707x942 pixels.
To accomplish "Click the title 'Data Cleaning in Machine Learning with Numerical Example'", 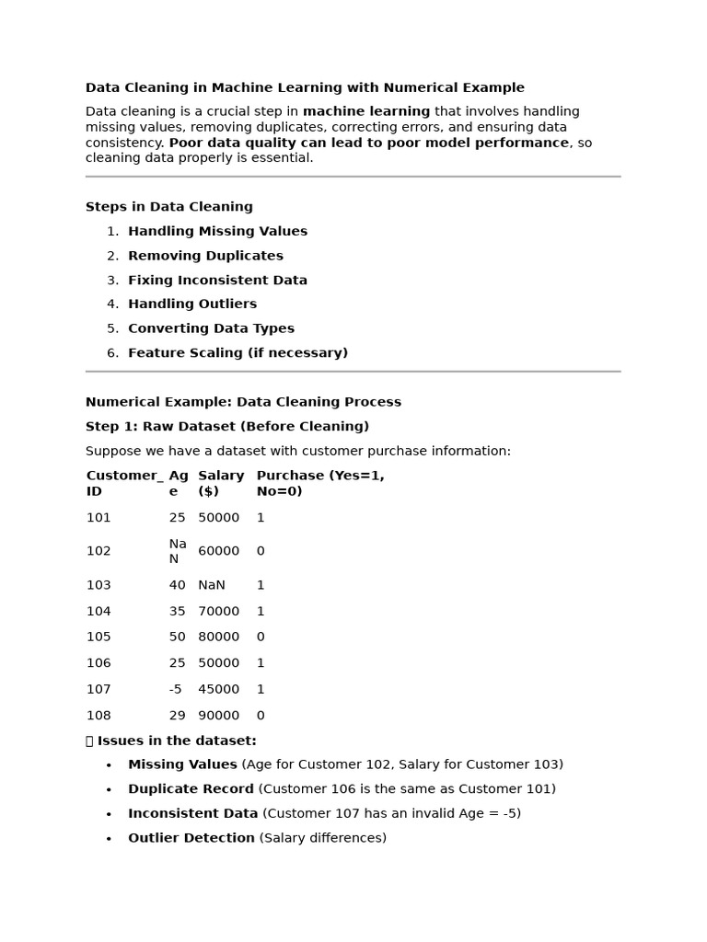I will click(305, 88).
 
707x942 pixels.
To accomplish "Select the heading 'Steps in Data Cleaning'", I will click(169, 207).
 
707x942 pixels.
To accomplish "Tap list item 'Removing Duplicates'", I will click(205, 256).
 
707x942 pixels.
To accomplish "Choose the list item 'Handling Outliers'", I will click(192, 304).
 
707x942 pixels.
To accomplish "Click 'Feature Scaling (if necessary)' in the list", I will click(238, 353).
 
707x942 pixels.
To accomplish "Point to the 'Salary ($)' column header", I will click(221, 483).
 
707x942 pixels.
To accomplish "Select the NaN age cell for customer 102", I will click(178, 551).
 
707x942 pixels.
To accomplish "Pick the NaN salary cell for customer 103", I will click(212, 585).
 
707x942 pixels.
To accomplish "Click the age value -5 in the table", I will click(176, 689).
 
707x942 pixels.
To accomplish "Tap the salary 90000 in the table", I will click(219, 716).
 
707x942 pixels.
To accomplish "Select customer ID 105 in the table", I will click(99, 637).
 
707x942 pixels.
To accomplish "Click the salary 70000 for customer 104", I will click(219, 611).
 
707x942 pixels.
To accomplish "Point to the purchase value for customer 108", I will click(261, 716).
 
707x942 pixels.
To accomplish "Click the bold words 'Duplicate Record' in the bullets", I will click(191, 789).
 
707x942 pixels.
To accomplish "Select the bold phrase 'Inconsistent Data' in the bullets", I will click(192, 814).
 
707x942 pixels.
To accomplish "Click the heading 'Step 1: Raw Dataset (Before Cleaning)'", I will click(227, 427).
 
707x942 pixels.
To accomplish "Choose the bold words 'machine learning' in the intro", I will click(366, 112).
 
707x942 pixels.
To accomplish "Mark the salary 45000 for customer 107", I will click(219, 689).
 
